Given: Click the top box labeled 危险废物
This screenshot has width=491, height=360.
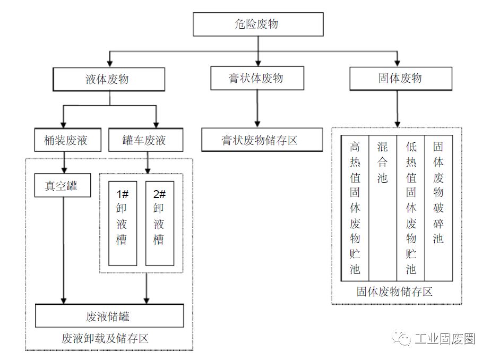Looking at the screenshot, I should click(257, 24).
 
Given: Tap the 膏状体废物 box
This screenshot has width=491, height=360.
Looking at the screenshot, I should click(257, 78).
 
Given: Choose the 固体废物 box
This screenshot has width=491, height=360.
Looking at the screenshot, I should click(400, 78).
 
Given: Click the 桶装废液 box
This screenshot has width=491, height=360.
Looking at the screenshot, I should click(66, 141).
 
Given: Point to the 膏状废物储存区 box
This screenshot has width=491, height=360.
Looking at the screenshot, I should click(262, 140).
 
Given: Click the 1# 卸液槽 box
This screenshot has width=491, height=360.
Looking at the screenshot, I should click(123, 223).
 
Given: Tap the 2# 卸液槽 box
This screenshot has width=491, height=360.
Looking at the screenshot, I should click(159, 223).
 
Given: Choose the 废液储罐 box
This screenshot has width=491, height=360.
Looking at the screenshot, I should click(109, 316).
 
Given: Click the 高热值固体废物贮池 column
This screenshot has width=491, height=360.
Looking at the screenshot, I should click(355, 208).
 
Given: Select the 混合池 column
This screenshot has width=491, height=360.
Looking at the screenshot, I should click(383, 208).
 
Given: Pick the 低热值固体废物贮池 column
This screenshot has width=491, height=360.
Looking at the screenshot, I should click(411, 208).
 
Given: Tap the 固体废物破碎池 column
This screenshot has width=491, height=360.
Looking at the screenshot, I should click(438, 208).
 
